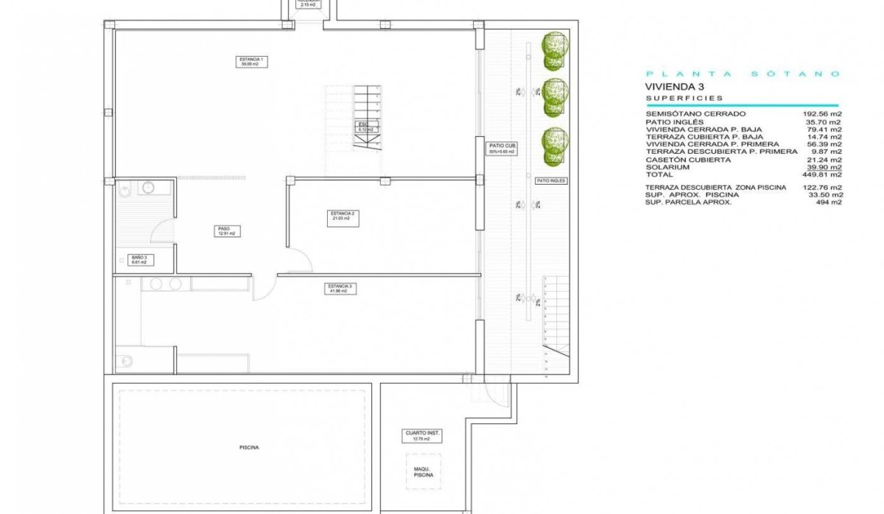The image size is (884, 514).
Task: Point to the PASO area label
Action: click(225, 231)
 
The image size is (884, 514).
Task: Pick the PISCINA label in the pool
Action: click(249, 447)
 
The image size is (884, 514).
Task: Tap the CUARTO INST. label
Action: click(422, 436)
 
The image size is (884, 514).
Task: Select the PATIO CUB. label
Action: click(503, 149)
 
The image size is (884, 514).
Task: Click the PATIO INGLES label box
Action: click(551, 180)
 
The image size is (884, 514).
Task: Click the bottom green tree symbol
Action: click(555, 147)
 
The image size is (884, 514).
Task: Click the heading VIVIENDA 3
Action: click(675, 86)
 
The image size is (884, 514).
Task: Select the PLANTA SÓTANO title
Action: click(743, 74)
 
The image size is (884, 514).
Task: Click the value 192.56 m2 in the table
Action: click(821, 114)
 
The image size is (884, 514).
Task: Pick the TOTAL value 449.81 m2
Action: click(821, 175)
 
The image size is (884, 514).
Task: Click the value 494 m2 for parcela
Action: click(827, 203)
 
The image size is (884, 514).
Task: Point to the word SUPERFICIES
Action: click(684, 98)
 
